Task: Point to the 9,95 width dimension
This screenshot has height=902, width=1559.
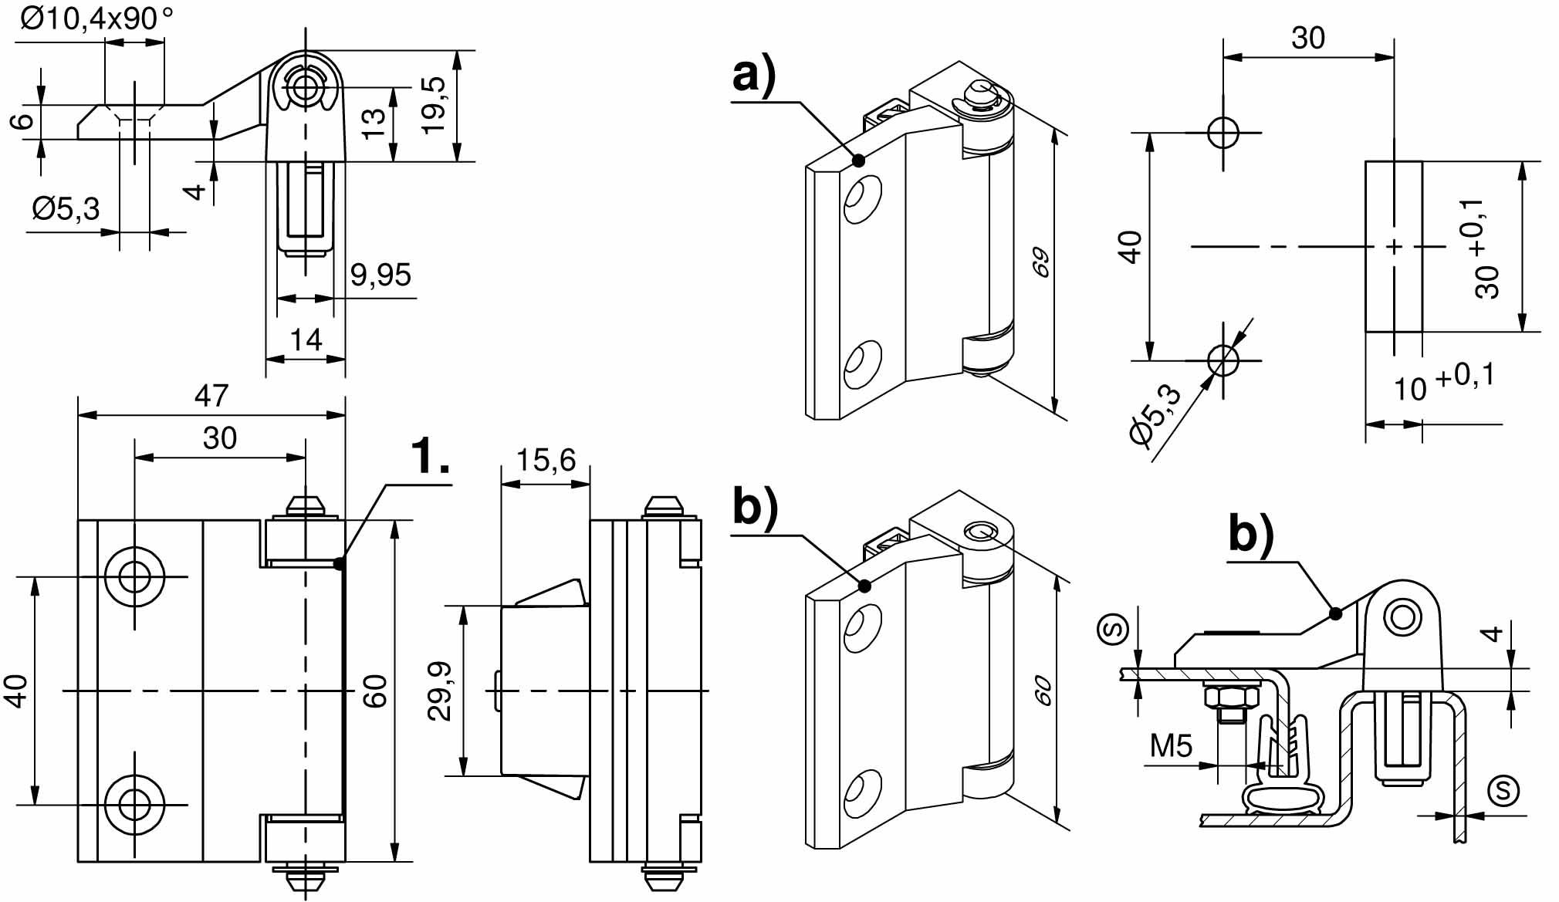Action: click(x=380, y=275)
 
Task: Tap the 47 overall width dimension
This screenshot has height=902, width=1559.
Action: click(x=211, y=396)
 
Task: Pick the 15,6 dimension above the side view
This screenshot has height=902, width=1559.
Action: click(x=546, y=460)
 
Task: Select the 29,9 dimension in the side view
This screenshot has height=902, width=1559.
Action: click(x=440, y=691)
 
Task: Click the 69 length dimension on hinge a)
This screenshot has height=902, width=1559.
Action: click(x=1041, y=262)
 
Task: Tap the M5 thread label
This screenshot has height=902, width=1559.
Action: click(x=1171, y=746)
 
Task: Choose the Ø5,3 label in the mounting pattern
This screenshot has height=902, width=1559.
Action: click(x=1155, y=414)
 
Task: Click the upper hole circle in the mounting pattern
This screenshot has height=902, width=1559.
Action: click(x=1223, y=132)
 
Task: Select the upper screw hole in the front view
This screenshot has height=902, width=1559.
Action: click(x=135, y=576)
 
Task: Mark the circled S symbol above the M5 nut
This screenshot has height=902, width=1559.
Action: click(x=1113, y=628)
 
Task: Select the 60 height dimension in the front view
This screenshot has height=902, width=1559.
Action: click(x=375, y=691)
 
